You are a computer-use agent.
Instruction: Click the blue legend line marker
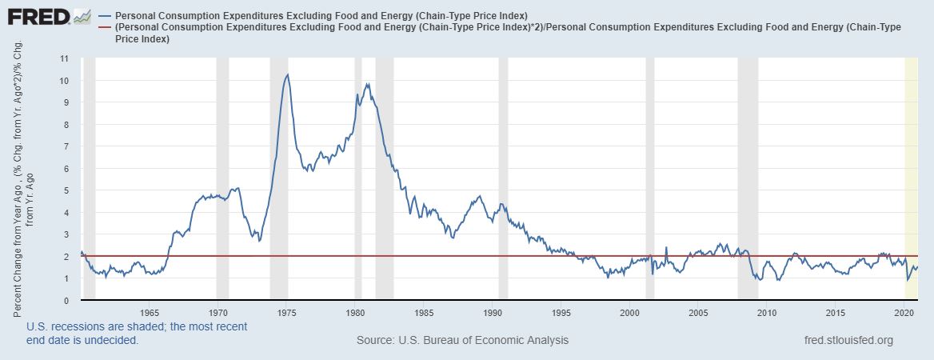[106, 16]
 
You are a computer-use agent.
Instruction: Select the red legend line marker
[106, 27]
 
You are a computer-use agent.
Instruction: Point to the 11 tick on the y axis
[65, 58]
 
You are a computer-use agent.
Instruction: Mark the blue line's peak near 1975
[288, 74]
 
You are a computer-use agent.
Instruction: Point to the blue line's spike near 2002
[666, 248]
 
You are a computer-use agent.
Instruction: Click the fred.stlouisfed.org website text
[848, 340]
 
